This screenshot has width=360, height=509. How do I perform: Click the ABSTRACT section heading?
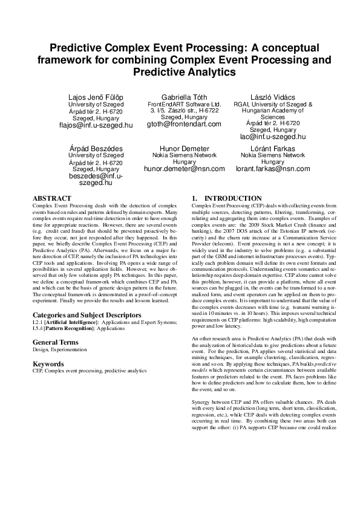pyautogui.click(x=52, y=198)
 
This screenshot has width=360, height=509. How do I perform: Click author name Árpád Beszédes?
pyautogui.click(x=96, y=148)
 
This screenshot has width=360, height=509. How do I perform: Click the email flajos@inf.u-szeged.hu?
pyautogui.click(x=96, y=125)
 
